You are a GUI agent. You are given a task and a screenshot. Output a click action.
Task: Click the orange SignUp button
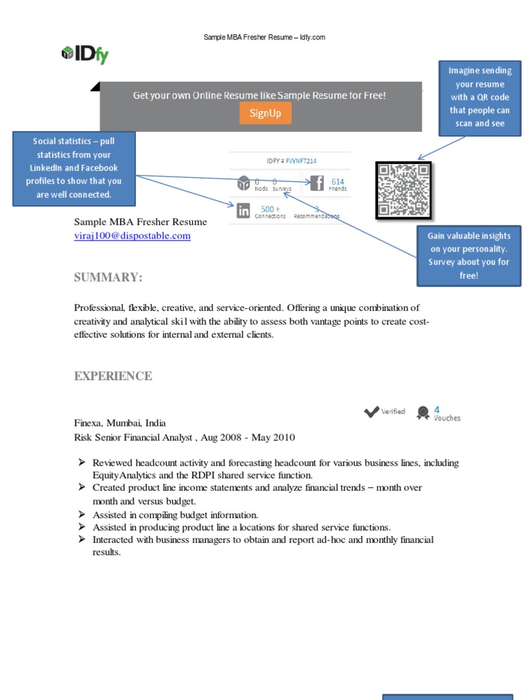pyautogui.click(x=265, y=113)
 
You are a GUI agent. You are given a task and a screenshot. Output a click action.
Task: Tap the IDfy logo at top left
pyautogui.click(x=85, y=54)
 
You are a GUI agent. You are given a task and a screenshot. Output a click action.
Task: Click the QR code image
pyautogui.click(x=403, y=190)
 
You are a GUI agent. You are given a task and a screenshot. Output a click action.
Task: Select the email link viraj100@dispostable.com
pyautogui.click(x=132, y=236)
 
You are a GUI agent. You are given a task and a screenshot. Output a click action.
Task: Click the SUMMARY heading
pyautogui.click(x=108, y=277)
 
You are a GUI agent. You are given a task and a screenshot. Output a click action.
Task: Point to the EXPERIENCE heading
pyautogui.click(x=113, y=376)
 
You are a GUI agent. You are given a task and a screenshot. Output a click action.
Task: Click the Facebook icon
pyautogui.click(x=316, y=183)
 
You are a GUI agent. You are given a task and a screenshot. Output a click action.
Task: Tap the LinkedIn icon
pyautogui.click(x=243, y=211)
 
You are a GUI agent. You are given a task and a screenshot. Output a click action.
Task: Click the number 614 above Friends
pyautogui.click(x=338, y=181)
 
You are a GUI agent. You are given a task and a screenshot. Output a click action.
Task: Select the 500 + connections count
pyautogui.click(x=270, y=208)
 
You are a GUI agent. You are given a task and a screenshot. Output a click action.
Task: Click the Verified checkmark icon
pyautogui.click(x=371, y=412)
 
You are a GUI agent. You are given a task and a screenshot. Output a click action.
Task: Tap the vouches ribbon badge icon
pyautogui.click(x=423, y=412)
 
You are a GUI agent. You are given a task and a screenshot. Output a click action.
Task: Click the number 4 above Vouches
pyautogui.click(x=437, y=409)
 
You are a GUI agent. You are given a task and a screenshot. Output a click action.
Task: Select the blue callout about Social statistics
pyautogui.click(x=74, y=168)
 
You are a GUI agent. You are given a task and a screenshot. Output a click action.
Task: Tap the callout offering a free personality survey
pyautogui.click(x=468, y=256)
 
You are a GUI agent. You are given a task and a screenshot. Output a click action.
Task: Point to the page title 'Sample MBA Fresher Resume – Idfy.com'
pyautogui.click(x=264, y=37)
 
